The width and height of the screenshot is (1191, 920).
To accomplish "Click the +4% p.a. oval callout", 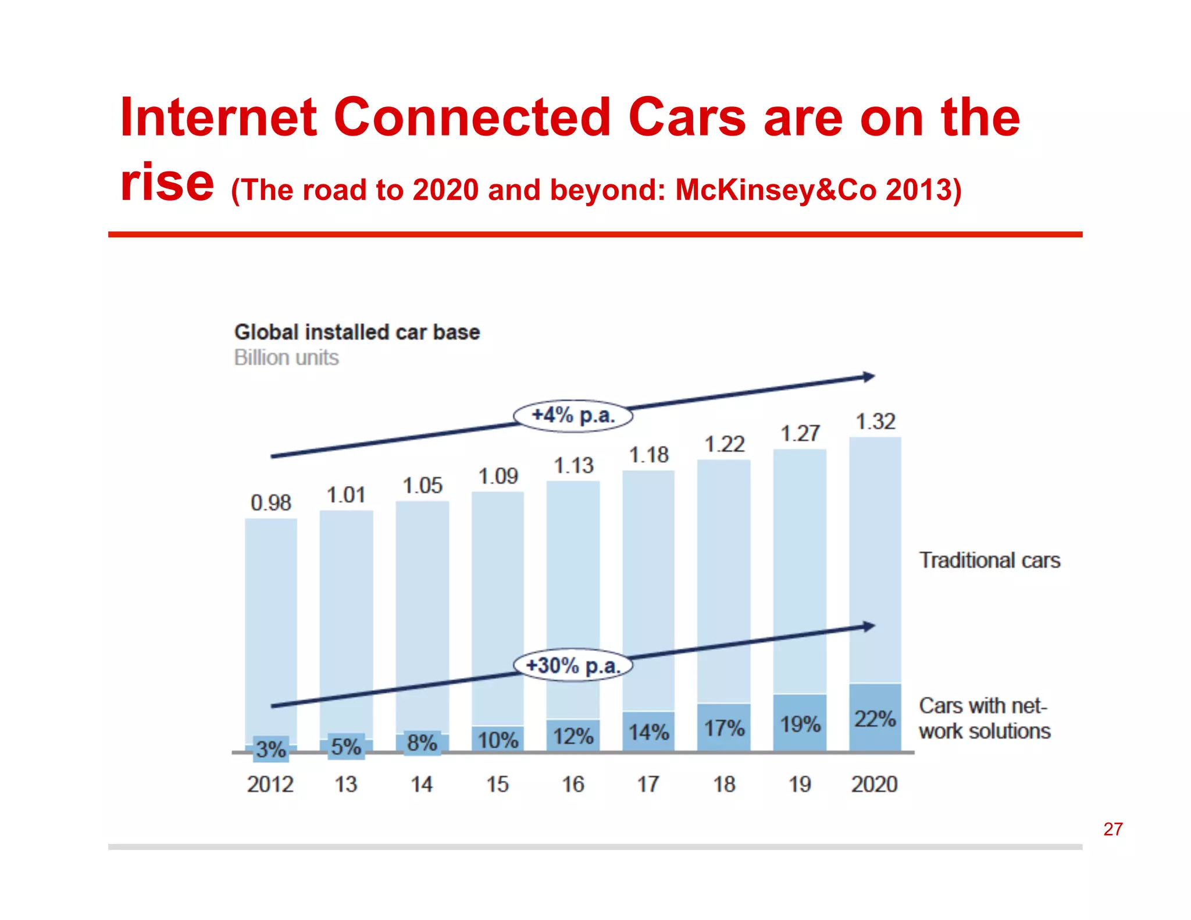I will coord(573,416).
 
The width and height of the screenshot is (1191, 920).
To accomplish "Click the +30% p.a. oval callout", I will coord(573,665).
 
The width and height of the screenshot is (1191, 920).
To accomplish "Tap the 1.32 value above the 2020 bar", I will coord(875,421).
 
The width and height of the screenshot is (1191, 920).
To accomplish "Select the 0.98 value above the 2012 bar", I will coord(270,502).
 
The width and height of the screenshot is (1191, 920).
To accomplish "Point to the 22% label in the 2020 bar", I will coord(875,719).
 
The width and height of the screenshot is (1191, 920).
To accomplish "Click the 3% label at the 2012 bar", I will coord(271,749).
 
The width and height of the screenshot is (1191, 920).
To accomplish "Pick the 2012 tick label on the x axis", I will coord(270,784).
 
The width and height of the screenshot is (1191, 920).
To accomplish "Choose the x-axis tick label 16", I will coord(573,784).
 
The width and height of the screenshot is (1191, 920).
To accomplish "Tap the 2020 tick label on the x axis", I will coord(875,784).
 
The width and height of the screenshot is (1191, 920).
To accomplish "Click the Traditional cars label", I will coord(989,560).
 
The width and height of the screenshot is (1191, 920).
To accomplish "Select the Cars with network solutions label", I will coord(985,718).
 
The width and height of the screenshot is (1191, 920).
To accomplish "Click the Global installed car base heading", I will coord(357,332).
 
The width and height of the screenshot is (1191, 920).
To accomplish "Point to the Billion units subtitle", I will coord(286,357).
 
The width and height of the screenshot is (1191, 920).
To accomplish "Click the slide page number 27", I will coord(1112,829).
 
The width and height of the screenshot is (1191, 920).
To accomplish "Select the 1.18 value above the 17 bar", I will coord(648,455).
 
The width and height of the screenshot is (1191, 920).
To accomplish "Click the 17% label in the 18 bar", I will coord(724,728).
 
